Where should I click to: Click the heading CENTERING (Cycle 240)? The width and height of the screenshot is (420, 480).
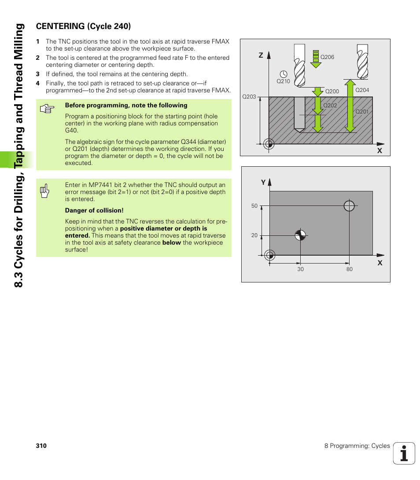click(83, 26)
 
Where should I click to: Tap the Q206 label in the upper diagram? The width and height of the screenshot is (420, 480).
click(327, 57)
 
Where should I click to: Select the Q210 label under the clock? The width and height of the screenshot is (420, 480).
click(283, 81)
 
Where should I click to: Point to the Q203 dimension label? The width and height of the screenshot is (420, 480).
click(249, 97)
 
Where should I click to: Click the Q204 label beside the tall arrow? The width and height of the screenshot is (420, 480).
click(362, 90)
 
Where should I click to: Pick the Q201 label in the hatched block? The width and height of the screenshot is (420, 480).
click(362, 112)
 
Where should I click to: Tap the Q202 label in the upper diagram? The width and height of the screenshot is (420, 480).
click(330, 106)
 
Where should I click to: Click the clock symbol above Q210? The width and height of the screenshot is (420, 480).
click(284, 73)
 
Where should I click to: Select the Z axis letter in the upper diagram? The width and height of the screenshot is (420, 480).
click(261, 55)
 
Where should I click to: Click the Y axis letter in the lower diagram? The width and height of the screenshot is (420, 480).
click(263, 182)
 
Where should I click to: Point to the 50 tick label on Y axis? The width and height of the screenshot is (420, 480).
click(254, 206)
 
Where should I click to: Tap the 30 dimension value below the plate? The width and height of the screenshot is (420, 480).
click(300, 269)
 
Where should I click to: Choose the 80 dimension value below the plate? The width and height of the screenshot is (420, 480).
click(349, 269)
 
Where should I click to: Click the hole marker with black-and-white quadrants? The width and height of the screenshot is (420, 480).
click(300, 235)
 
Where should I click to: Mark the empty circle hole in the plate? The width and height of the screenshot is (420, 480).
click(349, 205)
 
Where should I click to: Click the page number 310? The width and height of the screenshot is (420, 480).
click(41, 446)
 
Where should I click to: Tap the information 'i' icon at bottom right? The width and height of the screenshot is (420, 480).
click(404, 453)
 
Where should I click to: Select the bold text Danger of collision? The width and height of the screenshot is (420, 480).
click(94, 210)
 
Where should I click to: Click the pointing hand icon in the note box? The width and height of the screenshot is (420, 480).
click(46, 109)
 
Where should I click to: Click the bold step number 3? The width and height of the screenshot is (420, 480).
click(38, 74)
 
